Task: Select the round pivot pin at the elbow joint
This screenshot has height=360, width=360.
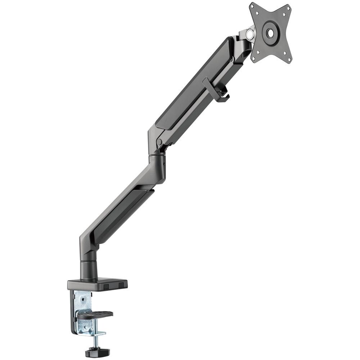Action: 159,142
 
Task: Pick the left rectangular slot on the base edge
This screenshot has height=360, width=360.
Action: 107,286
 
